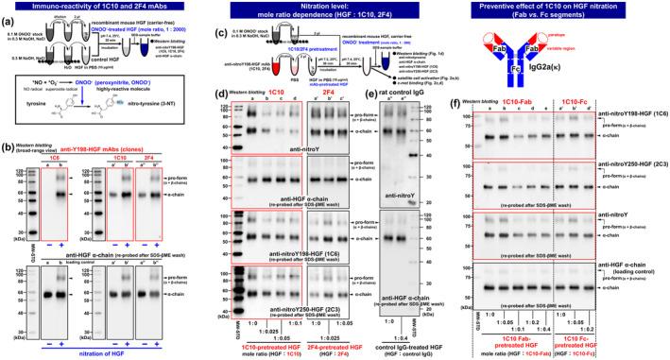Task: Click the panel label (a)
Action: (x=8, y=20)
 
